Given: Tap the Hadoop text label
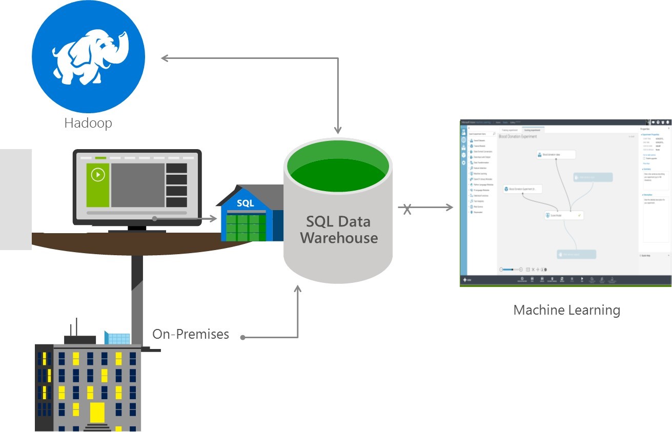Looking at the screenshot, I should point(88,123).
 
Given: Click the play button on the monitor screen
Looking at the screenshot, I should point(98,175).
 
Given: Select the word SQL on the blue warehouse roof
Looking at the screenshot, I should point(245,203).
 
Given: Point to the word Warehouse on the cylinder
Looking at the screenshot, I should point(339,238).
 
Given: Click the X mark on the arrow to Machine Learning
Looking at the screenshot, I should point(407,209).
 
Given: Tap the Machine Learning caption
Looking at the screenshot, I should point(566,310).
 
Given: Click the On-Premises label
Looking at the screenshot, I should point(191,335).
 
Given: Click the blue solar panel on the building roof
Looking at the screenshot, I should point(117,338).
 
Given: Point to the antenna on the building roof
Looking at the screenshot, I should point(75,326).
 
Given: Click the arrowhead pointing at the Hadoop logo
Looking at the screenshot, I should point(165,58).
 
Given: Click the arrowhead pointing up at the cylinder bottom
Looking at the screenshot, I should point(297,290).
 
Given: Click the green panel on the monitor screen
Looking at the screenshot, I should point(98,185).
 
